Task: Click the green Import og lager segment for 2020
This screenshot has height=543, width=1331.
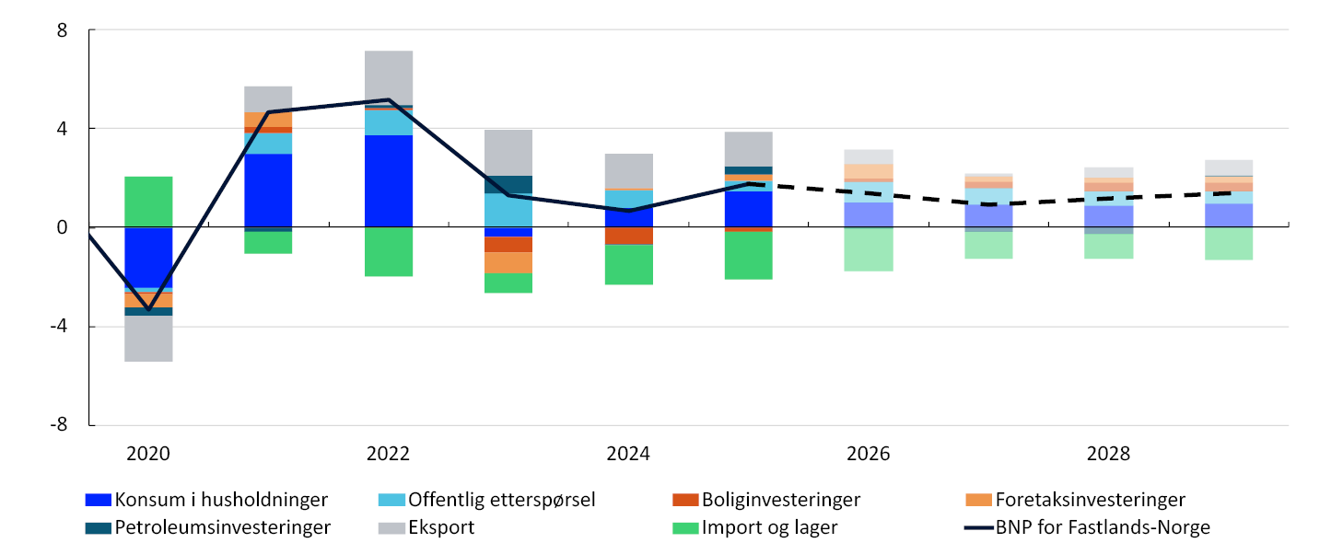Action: pyautogui.click(x=148, y=202)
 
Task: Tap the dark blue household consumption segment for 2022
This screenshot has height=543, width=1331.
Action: pyautogui.click(x=389, y=180)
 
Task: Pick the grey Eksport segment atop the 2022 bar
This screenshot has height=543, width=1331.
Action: pyautogui.click(x=389, y=77)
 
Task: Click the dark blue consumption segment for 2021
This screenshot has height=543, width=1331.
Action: pyautogui.click(x=268, y=190)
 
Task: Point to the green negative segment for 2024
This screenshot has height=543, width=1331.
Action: pyautogui.click(x=628, y=264)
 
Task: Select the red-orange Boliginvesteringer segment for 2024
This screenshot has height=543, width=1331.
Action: pyautogui.click(x=628, y=236)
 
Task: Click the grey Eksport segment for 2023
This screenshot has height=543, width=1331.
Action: pyautogui.click(x=508, y=153)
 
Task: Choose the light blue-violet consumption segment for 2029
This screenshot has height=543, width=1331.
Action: pyautogui.click(x=1229, y=215)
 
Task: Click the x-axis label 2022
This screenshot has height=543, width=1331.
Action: pyautogui.click(x=388, y=454)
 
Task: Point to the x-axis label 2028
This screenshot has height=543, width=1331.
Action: pyautogui.click(x=1108, y=454)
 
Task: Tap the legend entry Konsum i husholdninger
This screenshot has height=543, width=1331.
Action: pyautogui.click(x=220, y=500)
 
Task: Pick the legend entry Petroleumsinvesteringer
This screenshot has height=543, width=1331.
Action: pyautogui.click(x=222, y=527)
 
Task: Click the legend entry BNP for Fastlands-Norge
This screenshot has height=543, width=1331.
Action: pyautogui.click(x=1102, y=527)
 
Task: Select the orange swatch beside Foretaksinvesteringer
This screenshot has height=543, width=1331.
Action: pyautogui.click(x=978, y=500)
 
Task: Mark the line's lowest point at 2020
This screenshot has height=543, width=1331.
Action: pyautogui.click(x=148, y=309)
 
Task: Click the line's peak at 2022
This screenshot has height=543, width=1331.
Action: pyautogui.click(x=389, y=100)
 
